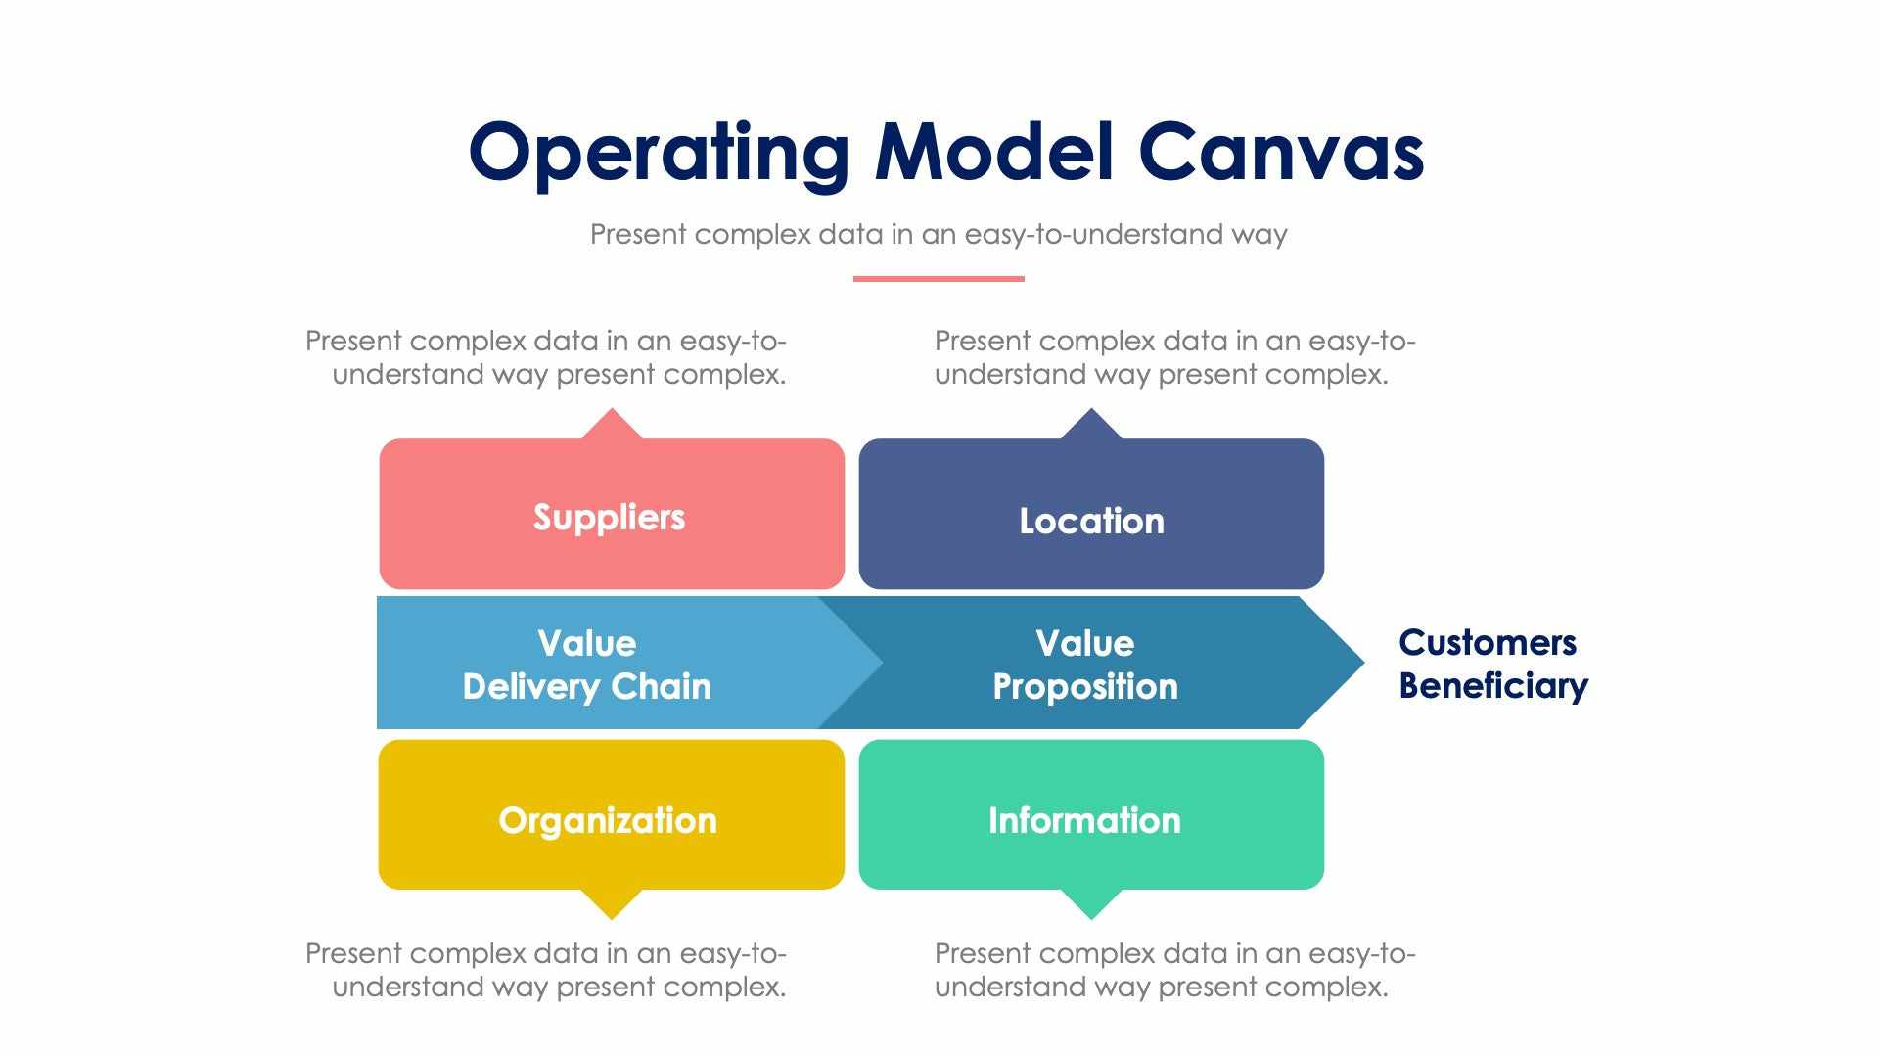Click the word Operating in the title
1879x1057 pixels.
658,153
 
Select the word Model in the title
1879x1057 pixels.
994,153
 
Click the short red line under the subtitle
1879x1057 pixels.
939,279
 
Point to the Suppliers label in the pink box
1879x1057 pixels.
609,517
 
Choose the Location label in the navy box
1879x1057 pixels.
1091,521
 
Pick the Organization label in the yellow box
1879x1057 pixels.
608,820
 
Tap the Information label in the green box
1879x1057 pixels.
1084,820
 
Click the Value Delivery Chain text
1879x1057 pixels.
587,665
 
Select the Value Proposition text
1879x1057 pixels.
1085,665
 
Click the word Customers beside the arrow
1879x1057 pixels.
1488,643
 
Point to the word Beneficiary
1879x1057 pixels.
1493,686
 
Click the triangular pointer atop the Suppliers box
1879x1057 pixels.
612,424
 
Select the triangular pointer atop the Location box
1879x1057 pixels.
1091,424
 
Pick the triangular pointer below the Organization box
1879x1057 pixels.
612,904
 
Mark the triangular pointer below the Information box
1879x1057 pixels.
1091,904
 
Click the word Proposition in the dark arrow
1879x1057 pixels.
1085,686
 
